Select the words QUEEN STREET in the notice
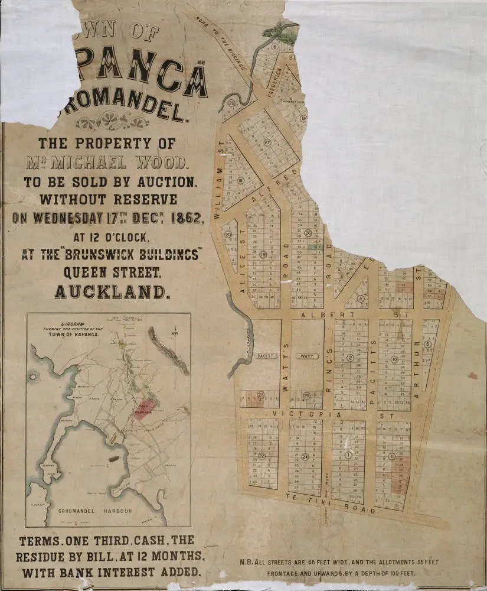[x=112, y=272]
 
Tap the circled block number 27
[x=267, y=142]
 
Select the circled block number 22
[x=262, y=456]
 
